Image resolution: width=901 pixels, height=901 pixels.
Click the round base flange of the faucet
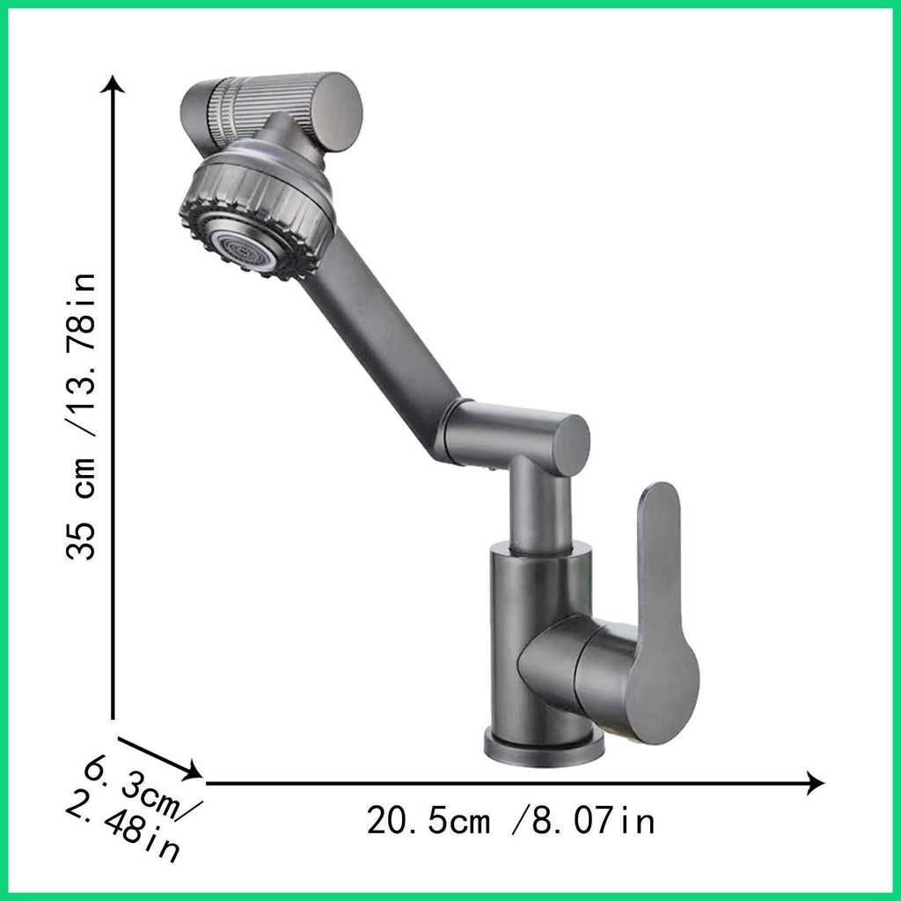tap(544, 748)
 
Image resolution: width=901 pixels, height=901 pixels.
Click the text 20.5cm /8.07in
tap(510, 822)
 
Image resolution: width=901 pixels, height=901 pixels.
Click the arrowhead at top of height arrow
tap(114, 84)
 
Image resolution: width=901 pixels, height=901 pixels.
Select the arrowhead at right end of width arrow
tap(816, 782)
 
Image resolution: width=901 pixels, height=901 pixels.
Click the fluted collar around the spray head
tap(264, 207)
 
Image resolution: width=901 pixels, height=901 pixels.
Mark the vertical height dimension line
tap(114, 396)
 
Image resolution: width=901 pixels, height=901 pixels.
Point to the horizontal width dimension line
tap(510, 782)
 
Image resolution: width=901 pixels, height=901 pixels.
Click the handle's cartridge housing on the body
tap(572, 669)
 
